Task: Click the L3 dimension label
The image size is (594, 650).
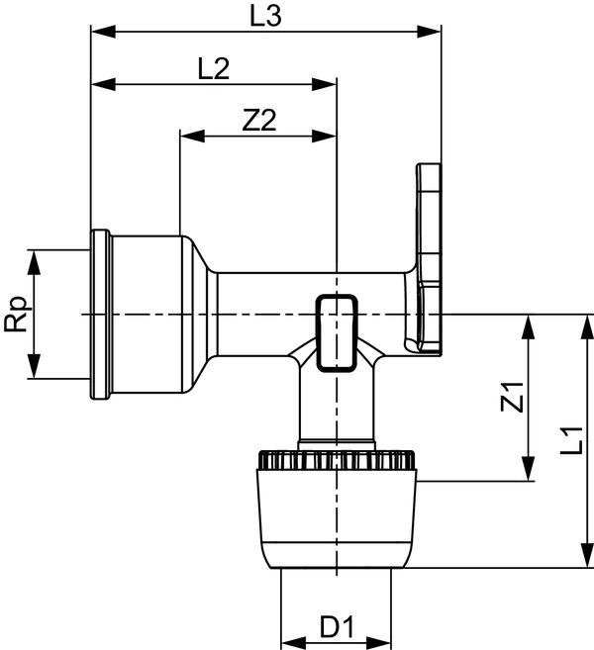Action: pyautogui.click(x=266, y=17)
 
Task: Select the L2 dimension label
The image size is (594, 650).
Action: pyautogui.click(x=214, y=69)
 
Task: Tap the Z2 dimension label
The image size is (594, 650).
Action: pyautogui.click(x=259, y=121)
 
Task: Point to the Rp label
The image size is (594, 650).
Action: pyautogui.click(x=18, y=315)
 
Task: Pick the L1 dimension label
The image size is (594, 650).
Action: pyautogui.click(x=572, y=440)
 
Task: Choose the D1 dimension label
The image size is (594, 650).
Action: pyautogui.click(x=337, y=627)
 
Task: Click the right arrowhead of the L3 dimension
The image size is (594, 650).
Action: pyautogui.click(x=429, y=32)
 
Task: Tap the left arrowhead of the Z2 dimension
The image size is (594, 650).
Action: pyautogui.click(x=192, y=136)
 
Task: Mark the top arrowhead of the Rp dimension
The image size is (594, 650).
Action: pyautogui.click(x=34, y=262)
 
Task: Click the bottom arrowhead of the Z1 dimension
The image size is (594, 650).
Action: pyautogui.click(x=528, y=468)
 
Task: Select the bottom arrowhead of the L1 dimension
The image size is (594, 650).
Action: pyautogui.click(x=587, y=555)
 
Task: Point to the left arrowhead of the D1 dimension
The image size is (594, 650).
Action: pyautogui.click(x=293, y=643)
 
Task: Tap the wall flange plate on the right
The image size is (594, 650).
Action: pyautogui.click(x=429, y=259)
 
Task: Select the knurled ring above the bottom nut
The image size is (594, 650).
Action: pyautogui.click(x=337, y=460)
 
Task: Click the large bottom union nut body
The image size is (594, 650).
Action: pyautogui.click(x=337, y=518)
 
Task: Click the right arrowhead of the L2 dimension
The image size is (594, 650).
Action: pyautogui.click(x=324, y=84)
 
